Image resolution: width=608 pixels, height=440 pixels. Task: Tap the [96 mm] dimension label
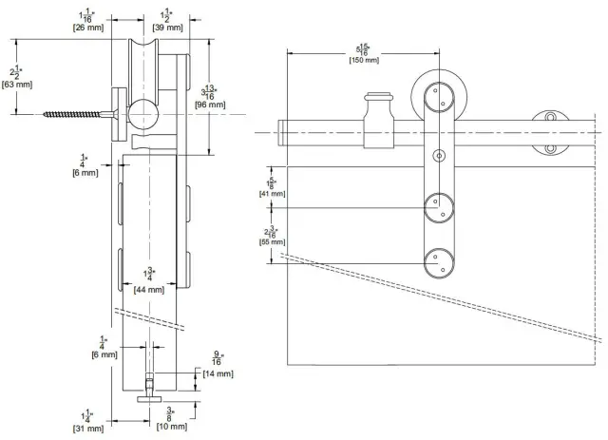[210, 105]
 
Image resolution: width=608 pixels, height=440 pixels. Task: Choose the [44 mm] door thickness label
[149, 289]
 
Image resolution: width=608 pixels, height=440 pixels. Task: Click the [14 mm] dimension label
[218, 374]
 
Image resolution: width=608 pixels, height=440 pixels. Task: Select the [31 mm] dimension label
[86, 429]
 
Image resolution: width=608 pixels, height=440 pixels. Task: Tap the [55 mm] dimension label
[273, 243]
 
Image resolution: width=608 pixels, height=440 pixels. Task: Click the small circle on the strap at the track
[438, 155]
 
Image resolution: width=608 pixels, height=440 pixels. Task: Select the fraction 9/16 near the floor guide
[218, 358]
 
